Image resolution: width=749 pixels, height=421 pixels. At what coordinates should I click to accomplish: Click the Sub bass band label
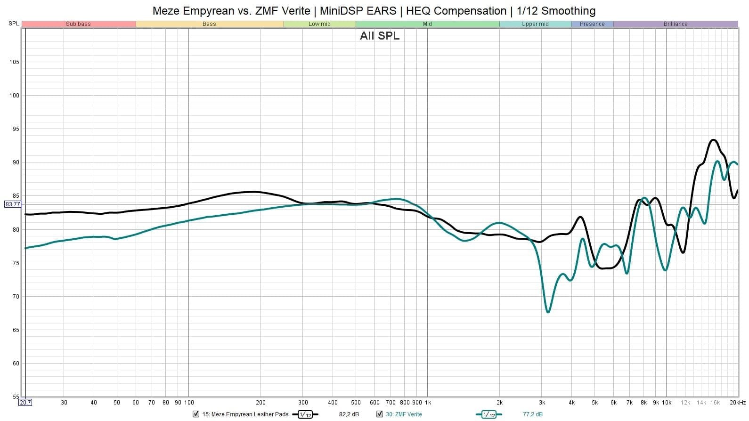tap(78, 24)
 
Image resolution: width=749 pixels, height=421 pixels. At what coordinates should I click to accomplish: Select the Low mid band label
tap(319, 24)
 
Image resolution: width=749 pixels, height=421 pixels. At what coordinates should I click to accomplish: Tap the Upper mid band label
tap(535, 24)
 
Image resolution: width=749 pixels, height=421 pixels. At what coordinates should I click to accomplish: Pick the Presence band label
tap(592, 24)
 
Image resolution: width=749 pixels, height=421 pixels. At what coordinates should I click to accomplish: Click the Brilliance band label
tap(676, 24)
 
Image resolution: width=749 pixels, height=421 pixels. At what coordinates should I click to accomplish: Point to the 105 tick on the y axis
tap(14, 62)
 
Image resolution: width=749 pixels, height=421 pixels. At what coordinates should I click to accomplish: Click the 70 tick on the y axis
tap(16, 297)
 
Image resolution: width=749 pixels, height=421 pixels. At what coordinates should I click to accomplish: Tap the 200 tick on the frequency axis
tap(261, 403)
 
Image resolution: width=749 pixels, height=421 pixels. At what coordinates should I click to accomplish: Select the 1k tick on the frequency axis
tap(428, 403)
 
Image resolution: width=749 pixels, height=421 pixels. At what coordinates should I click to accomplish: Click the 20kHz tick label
tap(738, 403)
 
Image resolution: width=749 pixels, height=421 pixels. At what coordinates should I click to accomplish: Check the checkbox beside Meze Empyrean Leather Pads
tap(196, 414)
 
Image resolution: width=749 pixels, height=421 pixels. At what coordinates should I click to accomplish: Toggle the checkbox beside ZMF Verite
tap(380, 414)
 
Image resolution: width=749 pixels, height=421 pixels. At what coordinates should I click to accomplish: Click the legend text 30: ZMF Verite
tap(404, 414)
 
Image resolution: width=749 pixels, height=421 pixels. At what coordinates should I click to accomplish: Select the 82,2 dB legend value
tap(349, 414)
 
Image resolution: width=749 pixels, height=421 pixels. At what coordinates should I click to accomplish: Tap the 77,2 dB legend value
tap(532, 414)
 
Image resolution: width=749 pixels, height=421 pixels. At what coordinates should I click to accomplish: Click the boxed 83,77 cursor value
tap(13, 204)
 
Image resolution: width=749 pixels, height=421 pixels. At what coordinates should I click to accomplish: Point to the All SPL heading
tap(379, 36)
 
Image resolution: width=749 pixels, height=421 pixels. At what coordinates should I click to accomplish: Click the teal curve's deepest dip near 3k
tap(548, 312)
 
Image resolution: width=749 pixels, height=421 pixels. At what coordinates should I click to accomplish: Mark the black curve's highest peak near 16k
tap(713, 140)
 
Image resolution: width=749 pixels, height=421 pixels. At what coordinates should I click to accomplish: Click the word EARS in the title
tap(382, 10)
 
